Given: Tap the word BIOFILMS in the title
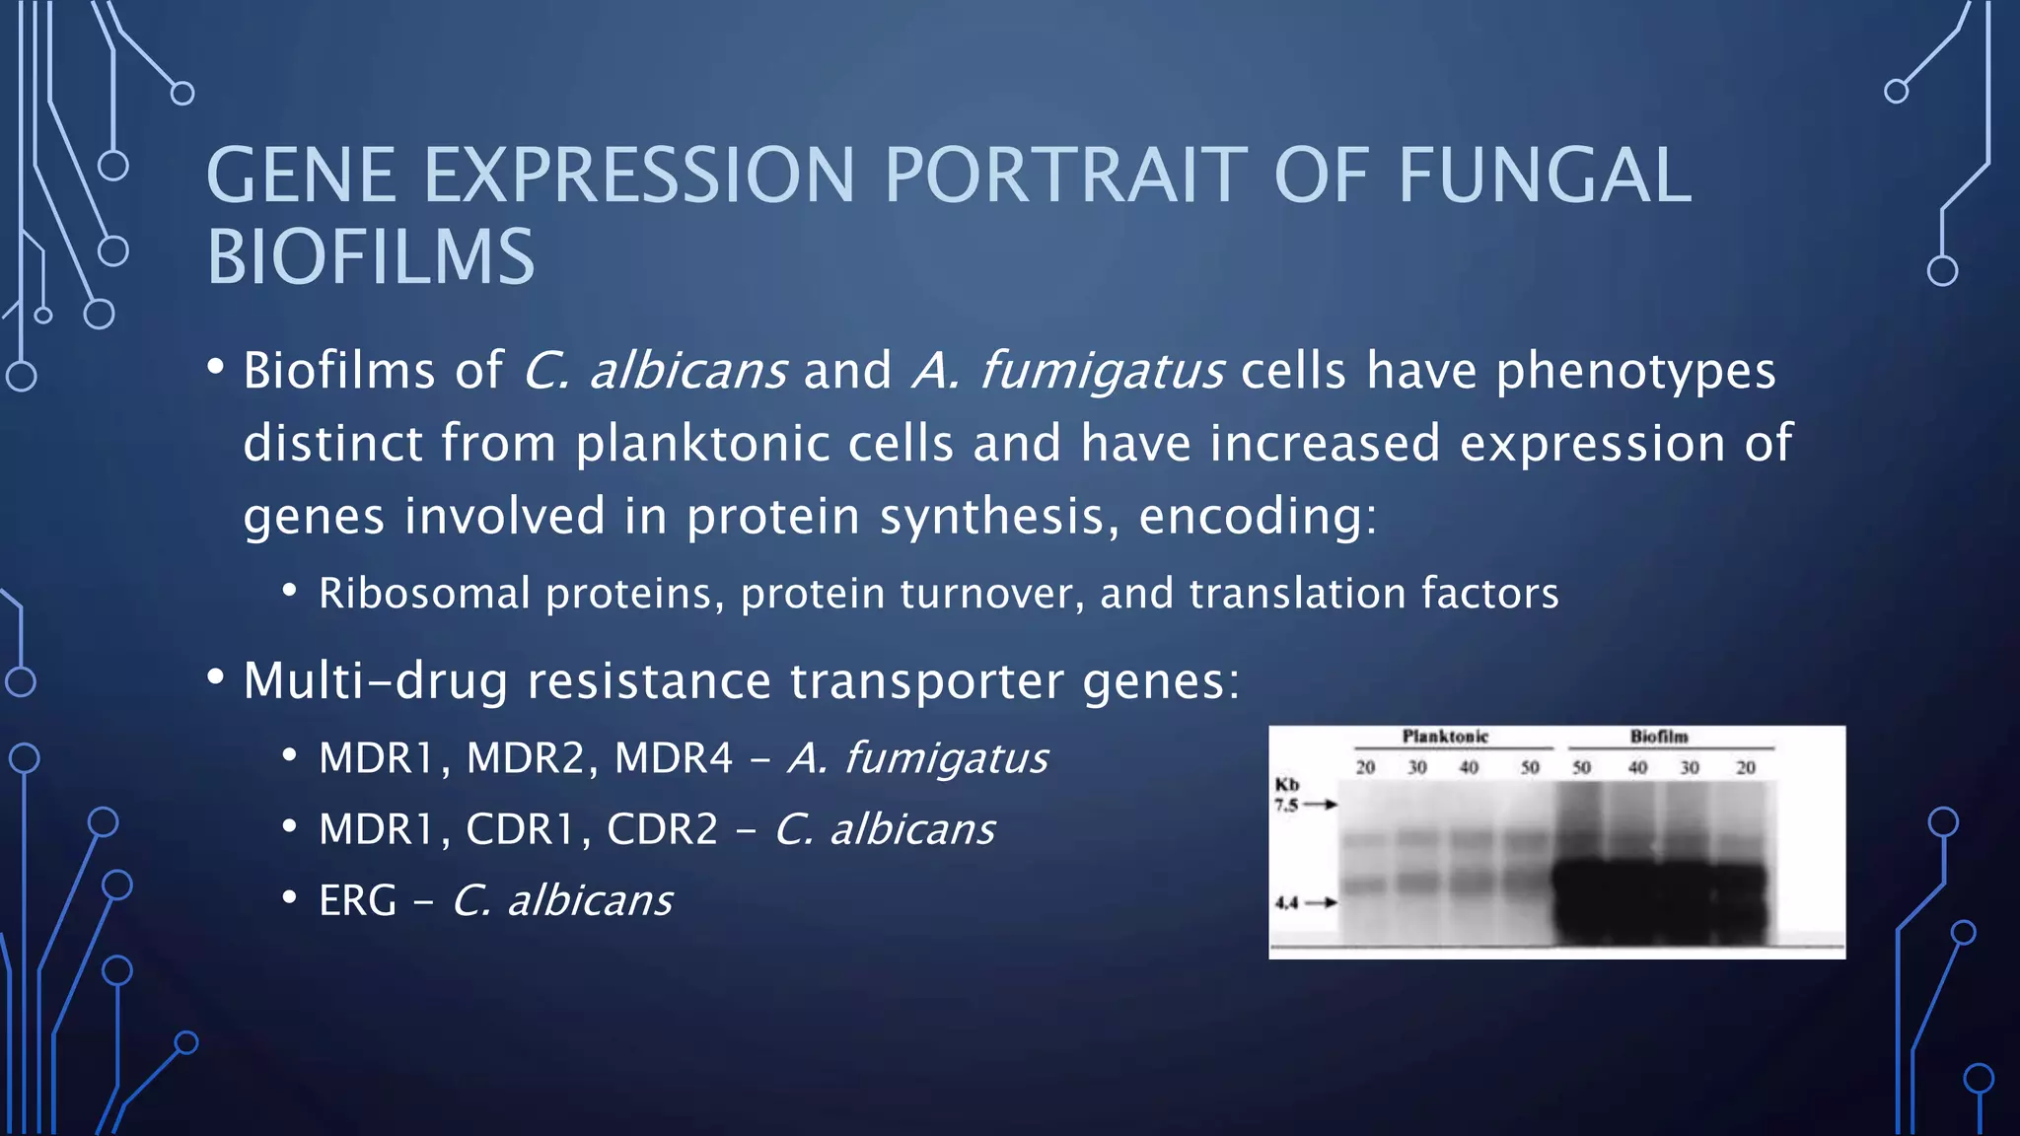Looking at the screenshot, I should (x=370, y=257).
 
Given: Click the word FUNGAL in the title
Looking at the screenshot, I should (x=1545, y=176).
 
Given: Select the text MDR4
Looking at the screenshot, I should (x=674, y=758).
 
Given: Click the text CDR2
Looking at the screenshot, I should (x=662, y=829).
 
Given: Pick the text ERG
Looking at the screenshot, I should (x=357, y=900).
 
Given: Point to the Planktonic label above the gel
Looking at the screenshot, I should (x=1445, y=737).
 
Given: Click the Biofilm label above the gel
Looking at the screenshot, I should (x=1659, y=737).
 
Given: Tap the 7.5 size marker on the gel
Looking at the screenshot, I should (x=1286, y=805).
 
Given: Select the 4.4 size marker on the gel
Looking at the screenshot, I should (x=1286, y=902).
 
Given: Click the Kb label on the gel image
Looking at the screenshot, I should (x=1287, y=785).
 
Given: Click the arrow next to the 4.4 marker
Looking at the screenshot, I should (x=1322, y=902).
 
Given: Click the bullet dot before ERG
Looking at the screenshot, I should (x=289, y=898).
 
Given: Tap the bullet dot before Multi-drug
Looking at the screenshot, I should (x=216, y=677).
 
